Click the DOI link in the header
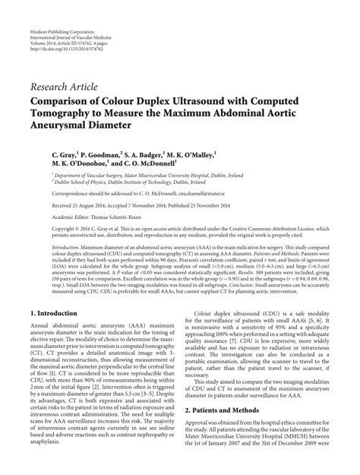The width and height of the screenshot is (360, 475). point(65,31)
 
